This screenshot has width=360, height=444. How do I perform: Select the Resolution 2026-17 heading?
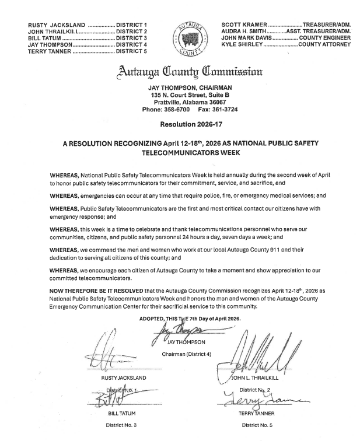coord(189,124)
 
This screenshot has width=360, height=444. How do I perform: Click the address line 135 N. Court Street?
coord(190,94)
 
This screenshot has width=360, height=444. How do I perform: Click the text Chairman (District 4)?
coord(186,354)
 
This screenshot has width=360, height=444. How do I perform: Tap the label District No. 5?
coord(257,425)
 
